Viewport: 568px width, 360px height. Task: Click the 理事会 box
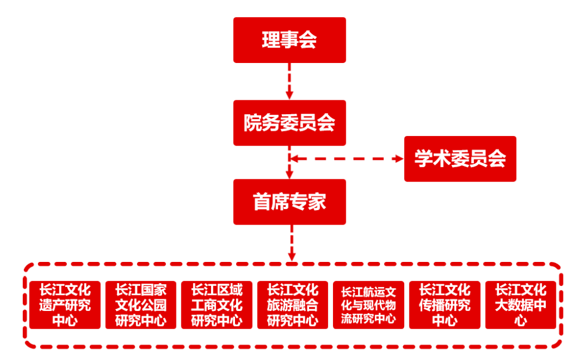tap(289, 40)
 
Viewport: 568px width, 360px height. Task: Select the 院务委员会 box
tap(289, 123)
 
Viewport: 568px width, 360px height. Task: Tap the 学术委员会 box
tap(460, 159)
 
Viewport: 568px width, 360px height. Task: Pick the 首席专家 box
tap(289, 202)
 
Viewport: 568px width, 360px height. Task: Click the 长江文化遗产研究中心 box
tap(65, 305)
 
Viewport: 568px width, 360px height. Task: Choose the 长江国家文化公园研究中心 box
tap(140, 305)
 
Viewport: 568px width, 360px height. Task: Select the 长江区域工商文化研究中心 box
tap(217, 305)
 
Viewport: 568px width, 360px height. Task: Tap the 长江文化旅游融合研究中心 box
tap(292, 305)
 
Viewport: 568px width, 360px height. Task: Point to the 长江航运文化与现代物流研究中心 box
tap(368, 305)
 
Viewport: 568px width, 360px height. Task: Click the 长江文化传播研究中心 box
tap(444, 305)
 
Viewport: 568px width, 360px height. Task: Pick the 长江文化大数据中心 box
tap(521, 305)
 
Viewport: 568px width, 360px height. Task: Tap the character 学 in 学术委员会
tap(424, 159)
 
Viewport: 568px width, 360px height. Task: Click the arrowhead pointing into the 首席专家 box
tap(289, 174)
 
